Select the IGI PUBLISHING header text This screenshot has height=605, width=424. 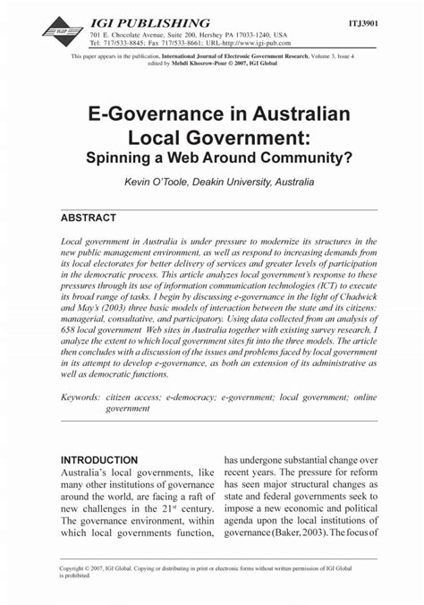150,21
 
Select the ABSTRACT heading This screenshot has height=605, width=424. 88,217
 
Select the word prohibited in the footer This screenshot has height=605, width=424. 76,575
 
